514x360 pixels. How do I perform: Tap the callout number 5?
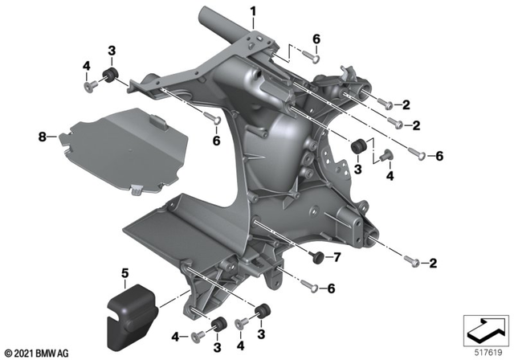(x=124, y=274)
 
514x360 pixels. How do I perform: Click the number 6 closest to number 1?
(x=316, y=39)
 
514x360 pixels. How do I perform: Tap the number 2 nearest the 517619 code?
(x=432, y=262)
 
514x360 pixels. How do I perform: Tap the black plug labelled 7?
(x=316, y=257)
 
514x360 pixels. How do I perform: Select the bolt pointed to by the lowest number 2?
(x=410, y=261)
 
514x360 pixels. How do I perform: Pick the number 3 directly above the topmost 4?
(x=112, y=51)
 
